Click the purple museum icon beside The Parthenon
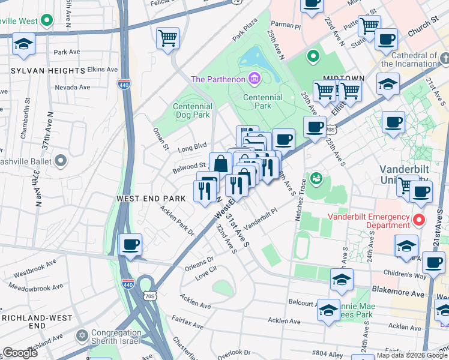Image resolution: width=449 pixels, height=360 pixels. tap(255, 79)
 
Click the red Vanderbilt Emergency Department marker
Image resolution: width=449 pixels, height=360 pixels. tap(420, 220)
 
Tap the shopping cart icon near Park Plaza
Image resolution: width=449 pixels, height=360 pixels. tap(167, 38)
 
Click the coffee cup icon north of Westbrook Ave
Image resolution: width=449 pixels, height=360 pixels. tap(130, 245)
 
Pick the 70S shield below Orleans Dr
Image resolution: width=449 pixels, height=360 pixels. tap(149, 295)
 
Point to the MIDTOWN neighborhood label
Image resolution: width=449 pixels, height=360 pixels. tap(344, 79)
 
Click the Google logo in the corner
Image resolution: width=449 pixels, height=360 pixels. tap(20, 353)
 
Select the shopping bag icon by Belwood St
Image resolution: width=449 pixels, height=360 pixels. tap(220, 164)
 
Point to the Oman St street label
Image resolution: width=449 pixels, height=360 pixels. tap(160, 139)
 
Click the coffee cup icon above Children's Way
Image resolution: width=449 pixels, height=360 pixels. tap(433, 263)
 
